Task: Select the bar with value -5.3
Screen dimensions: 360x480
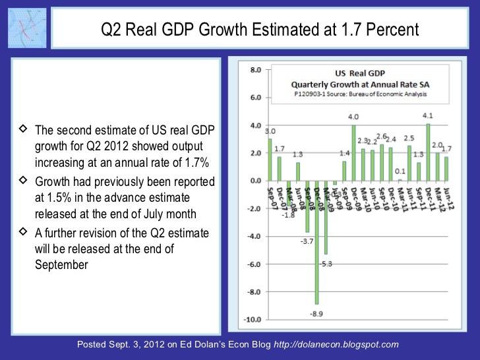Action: [x=326, y=217]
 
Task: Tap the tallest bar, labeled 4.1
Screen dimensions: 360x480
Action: [x=428, y=152]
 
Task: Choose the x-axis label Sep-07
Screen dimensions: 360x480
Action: [x=271, y=196]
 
